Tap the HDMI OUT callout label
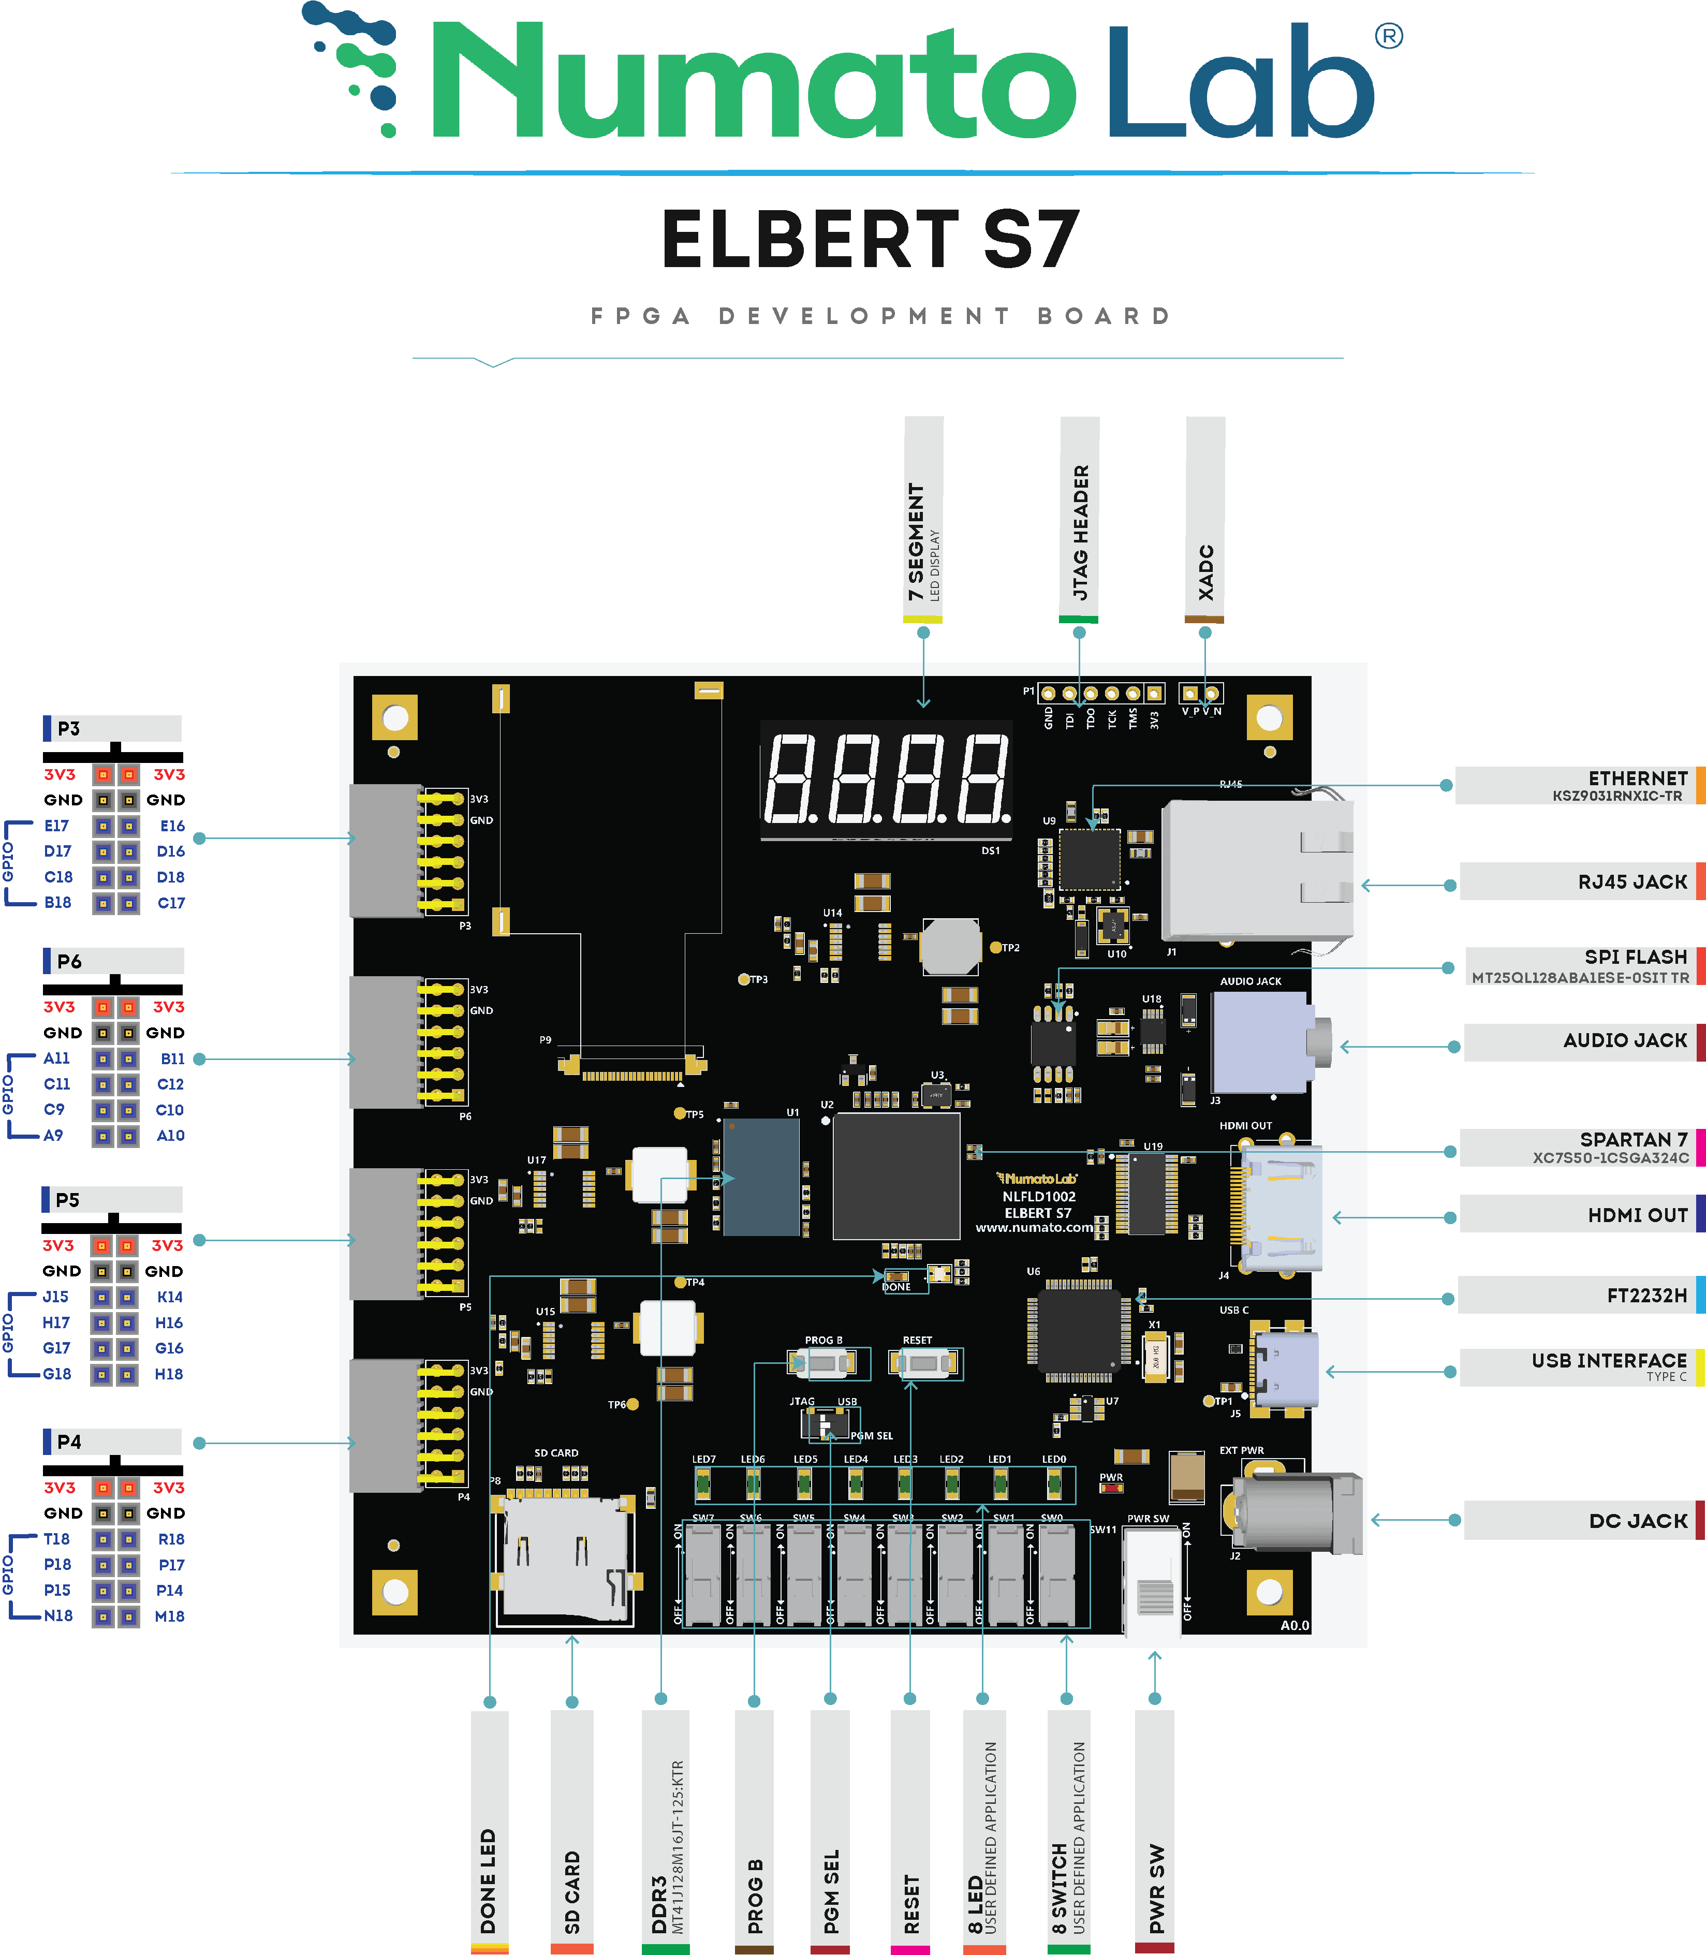pyautogui.click(x=1637, y=1214)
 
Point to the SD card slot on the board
pyautogui.click(x=564, y=1556)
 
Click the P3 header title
pyautogui.click(x=68, y=728)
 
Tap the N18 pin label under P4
pyautogui.click(x=58, y=1615)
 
